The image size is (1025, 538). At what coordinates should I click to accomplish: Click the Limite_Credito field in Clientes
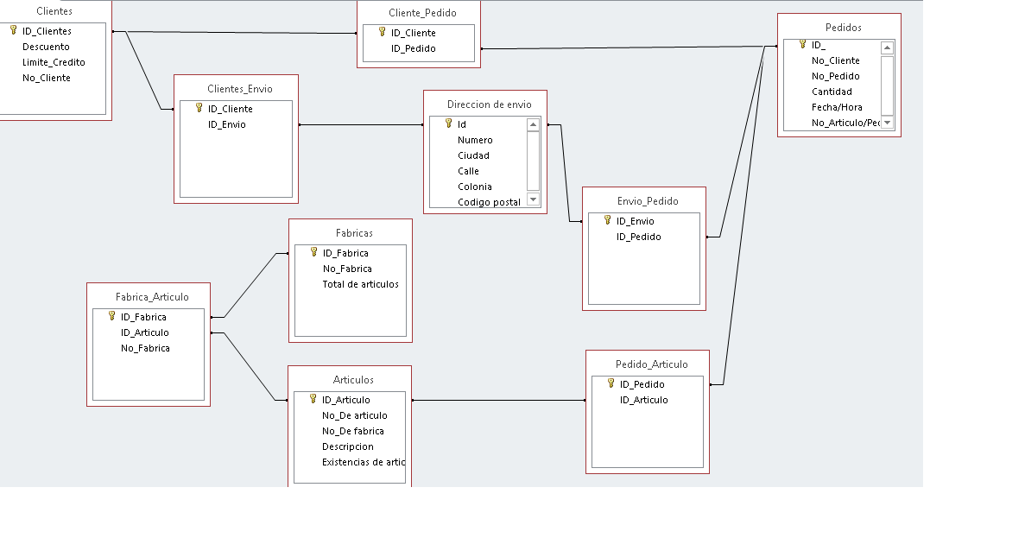[54, 62]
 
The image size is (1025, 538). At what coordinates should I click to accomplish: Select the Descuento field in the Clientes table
[46, 47]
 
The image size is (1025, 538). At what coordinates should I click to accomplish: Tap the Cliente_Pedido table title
[422, 13]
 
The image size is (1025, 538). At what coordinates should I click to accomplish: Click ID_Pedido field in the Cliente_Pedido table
[413, 48]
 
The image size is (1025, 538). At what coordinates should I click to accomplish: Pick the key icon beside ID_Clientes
[13, 30]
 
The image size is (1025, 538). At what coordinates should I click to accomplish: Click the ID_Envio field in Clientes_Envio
[227, 124]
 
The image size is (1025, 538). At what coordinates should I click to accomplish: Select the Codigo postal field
[489, 202]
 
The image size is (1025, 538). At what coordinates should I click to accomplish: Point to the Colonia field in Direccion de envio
[475, 187]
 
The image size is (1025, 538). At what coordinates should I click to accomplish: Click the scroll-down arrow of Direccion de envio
[534, 199]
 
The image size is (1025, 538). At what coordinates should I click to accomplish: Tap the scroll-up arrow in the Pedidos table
[887, 47]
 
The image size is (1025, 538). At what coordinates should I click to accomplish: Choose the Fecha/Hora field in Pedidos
[837, 107]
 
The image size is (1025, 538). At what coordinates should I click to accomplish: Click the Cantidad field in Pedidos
[832, 92]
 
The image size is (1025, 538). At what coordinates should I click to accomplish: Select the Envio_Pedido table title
[648, 201]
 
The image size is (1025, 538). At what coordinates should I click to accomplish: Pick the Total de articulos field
[360, 284]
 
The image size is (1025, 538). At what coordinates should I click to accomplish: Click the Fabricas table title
[354, 233]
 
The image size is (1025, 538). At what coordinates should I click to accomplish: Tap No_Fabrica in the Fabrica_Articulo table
[145, 348]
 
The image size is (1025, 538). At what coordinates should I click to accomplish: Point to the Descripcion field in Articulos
[348, 446]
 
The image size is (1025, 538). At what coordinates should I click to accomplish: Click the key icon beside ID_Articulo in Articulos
[313, 399]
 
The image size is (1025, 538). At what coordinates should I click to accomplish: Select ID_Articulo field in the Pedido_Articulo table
[644, 400]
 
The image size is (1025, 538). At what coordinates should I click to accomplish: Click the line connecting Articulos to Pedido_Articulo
[499, 400]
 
